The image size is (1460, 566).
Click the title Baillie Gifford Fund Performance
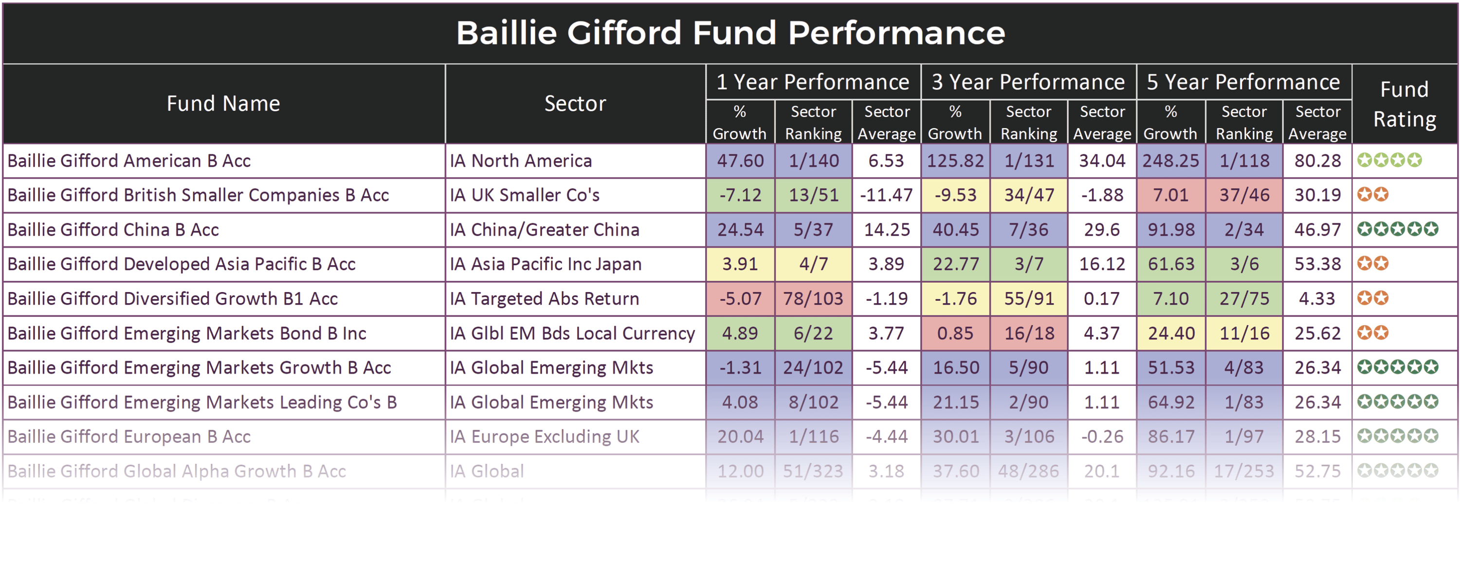730,33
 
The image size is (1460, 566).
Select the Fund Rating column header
1405,104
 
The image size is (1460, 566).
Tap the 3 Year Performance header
1028,82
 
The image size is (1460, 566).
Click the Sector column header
575,104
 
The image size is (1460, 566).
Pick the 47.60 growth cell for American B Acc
740,161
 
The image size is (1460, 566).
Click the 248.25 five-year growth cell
1170,161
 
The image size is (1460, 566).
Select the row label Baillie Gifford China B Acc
113,230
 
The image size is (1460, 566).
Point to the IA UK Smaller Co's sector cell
524,196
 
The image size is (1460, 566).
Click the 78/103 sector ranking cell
813,299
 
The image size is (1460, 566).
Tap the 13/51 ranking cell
813,196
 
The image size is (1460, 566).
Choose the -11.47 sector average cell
886,196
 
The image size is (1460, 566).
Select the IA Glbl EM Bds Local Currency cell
572,333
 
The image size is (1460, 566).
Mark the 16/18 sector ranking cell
1029,333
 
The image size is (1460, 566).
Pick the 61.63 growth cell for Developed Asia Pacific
1170,264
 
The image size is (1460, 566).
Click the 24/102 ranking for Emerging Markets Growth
813,368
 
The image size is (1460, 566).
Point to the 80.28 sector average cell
1317,161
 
